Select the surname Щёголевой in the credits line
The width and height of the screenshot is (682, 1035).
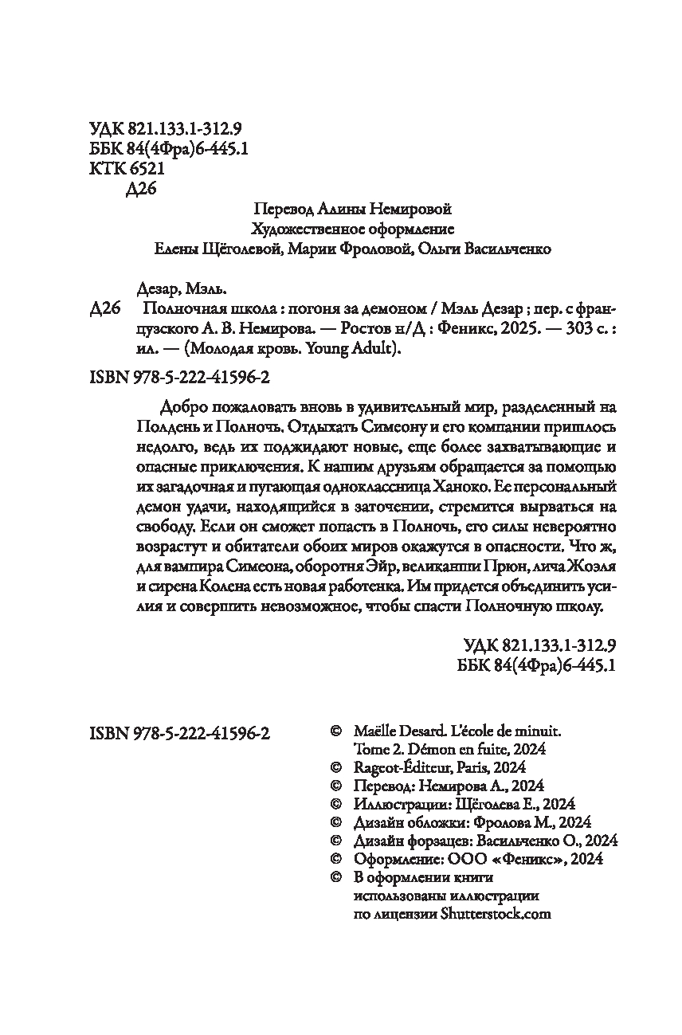point(229,249)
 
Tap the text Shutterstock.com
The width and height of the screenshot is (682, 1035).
point(495,914)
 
